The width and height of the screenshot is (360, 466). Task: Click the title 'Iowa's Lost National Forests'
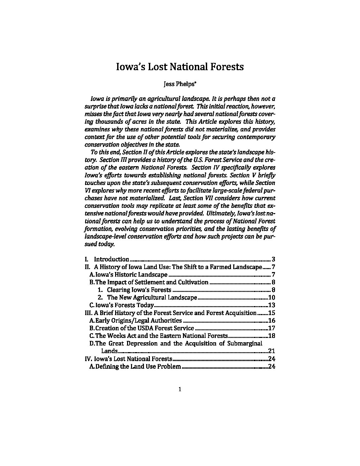click(180, 67)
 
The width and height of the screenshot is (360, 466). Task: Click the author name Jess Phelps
click(179, 84)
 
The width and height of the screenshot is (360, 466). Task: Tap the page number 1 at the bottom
click(180, 389)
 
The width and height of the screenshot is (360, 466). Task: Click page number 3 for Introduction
click(273, 259)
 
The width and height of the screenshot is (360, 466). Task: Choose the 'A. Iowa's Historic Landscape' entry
click(129, 275)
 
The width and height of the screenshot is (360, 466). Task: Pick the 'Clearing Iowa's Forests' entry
click(139, 290)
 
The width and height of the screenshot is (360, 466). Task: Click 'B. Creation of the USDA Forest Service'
click(142, 328)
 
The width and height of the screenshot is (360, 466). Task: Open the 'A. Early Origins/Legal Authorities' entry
click(136, 320)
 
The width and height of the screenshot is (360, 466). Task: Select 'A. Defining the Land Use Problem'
click(135, 366)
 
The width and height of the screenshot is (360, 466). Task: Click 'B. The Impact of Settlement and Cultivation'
click(149, 282)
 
